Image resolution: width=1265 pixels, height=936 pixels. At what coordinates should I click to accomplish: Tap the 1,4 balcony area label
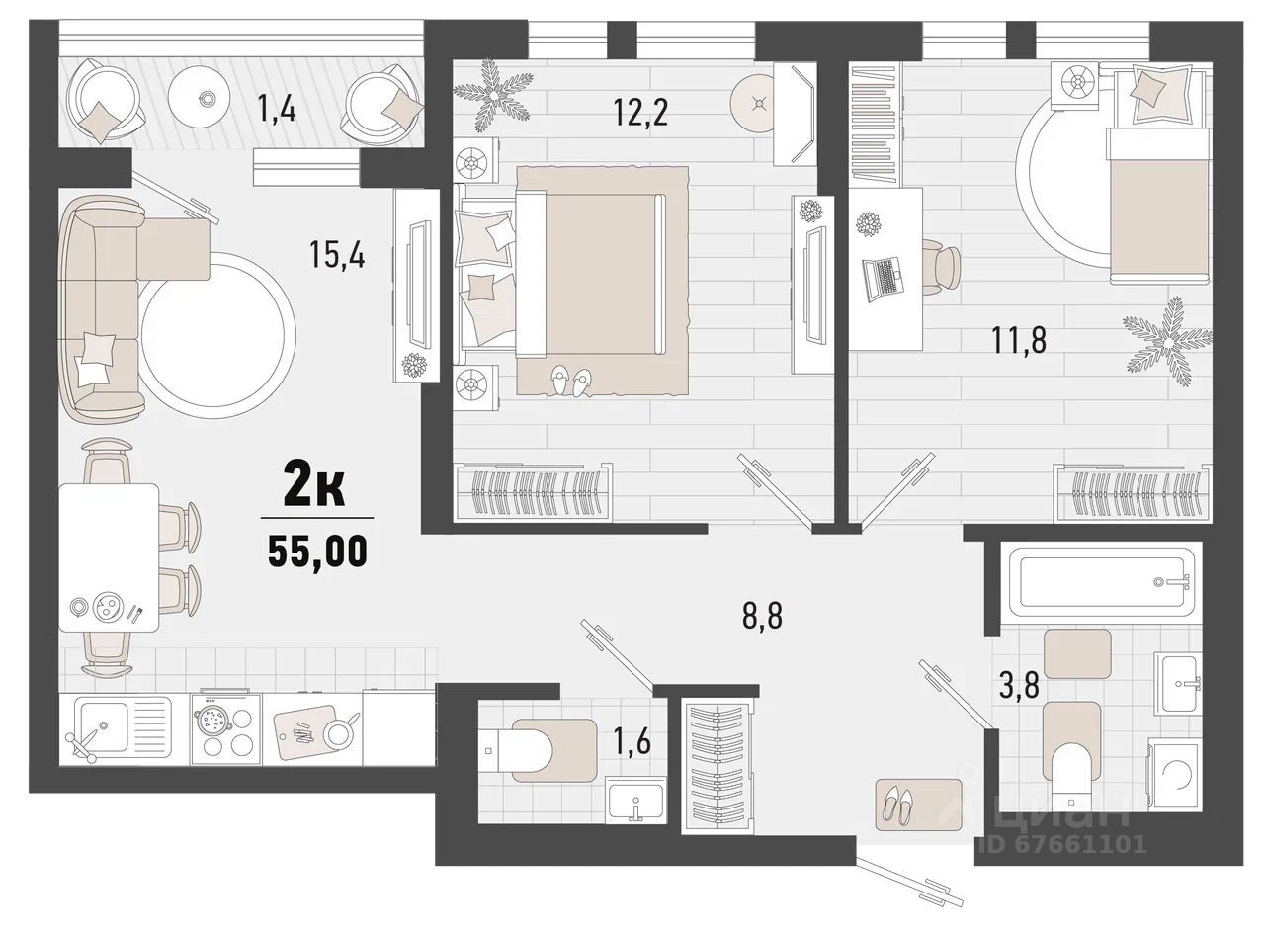277,110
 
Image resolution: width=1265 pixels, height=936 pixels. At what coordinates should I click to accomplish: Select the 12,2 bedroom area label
640,112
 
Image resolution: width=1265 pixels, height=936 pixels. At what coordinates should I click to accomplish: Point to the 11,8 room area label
1019,341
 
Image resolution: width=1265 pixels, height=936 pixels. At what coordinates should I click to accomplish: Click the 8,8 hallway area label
762,615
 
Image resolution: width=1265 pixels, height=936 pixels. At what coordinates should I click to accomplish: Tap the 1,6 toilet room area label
632,741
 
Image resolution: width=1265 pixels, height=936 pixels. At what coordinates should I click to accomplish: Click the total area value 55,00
317,552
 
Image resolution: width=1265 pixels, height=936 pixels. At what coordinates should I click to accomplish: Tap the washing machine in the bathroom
1175,774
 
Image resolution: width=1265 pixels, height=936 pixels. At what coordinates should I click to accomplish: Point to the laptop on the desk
883,280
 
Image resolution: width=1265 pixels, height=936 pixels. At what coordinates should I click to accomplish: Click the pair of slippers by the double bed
571,381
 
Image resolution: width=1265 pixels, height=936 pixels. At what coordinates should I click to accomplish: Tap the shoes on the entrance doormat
899,803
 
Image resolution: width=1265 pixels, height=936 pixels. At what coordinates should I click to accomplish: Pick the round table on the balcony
205,98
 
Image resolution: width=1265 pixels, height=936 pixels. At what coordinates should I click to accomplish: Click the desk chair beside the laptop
941,268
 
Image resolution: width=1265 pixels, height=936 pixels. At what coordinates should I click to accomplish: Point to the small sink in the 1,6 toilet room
635,800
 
